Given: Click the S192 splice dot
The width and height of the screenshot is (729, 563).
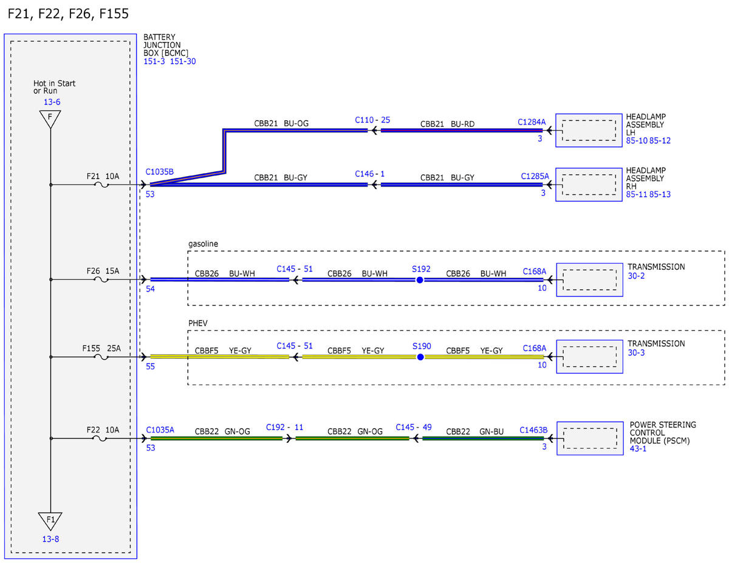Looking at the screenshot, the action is pos(420,279).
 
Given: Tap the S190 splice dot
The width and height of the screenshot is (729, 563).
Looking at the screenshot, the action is pos(420,357).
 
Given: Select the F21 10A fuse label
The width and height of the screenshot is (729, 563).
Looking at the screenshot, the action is pos(103,176).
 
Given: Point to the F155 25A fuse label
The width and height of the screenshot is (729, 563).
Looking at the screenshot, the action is pos(101,349).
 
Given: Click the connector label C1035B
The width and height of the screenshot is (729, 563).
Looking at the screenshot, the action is pos(159,172).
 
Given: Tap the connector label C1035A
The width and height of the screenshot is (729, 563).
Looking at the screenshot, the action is pos(160,430).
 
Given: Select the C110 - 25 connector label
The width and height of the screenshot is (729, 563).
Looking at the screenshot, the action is pos(372,120).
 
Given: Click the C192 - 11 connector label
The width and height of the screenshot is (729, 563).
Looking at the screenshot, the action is pos(284,427).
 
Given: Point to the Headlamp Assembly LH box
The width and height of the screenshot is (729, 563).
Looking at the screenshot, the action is pos(589,131).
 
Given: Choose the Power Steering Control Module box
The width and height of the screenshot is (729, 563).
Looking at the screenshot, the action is pos(590,438).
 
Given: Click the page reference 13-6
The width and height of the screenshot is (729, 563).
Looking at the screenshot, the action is pos(52,102).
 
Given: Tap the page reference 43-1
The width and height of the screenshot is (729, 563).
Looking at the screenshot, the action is pos(638,449).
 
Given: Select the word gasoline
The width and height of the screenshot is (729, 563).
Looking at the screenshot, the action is pos(203,244).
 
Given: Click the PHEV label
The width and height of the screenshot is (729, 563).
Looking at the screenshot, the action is pos(197,323).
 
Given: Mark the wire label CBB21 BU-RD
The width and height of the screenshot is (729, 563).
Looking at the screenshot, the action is pos(447,124).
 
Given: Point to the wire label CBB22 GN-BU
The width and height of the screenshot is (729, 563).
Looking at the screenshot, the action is pos(474,432).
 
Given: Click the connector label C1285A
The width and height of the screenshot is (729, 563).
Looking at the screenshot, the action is pos(535,176).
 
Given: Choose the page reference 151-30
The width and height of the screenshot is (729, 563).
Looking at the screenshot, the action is pos(183,61).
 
